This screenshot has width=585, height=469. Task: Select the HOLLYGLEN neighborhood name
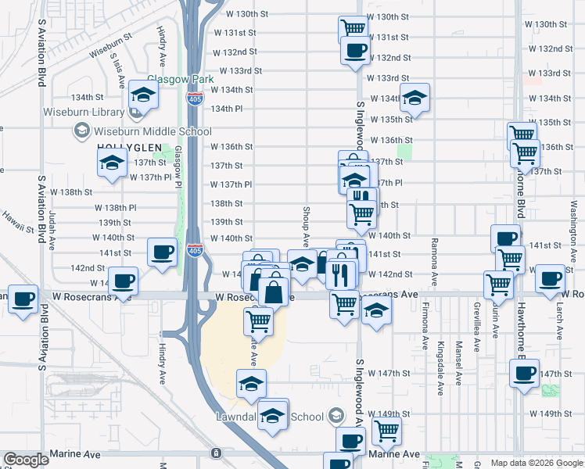tap(129, 147)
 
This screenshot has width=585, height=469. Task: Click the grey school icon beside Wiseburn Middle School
tap(81, 131)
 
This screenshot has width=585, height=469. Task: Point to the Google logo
tap(26, 460)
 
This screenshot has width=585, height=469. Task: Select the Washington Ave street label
tap(572, 205)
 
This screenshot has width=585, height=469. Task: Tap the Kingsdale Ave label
tap(441, 358)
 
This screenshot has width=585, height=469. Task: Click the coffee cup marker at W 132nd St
tap(355, 51)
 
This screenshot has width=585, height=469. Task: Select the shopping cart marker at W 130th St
tap(353, 27)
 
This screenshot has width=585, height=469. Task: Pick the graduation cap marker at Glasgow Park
tap(143, 95)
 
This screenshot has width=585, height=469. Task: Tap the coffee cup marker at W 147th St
tap(525, 374)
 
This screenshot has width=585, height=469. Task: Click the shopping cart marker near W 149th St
tap(386, 429)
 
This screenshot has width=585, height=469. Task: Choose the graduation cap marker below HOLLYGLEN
tap(112, 163)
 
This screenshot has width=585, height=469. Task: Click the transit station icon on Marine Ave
tap(216, 453)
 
